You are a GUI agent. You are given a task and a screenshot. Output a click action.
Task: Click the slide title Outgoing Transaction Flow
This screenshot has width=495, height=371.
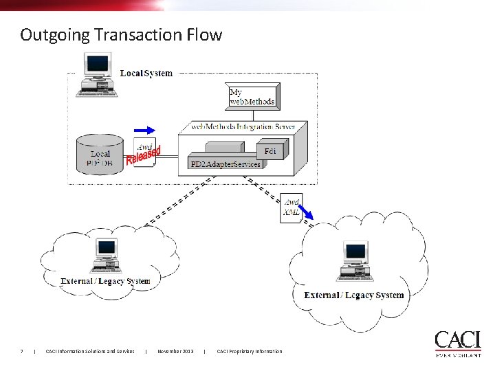click(121, 34)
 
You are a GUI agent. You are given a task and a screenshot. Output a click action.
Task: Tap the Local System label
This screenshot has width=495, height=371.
click(146, 73)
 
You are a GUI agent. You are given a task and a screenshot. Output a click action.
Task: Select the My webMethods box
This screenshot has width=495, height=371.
click(252, 96)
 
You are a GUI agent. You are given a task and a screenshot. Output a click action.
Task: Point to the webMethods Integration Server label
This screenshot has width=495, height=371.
click(243, 127)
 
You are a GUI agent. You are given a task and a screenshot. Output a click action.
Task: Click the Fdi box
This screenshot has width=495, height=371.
click(270, 150)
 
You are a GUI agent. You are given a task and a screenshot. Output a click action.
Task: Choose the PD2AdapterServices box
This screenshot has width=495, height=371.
click(225, 164)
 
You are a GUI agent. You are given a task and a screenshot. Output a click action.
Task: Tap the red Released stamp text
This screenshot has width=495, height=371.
click(144, 156)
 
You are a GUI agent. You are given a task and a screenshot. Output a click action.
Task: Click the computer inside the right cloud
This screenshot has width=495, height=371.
click(354, 262)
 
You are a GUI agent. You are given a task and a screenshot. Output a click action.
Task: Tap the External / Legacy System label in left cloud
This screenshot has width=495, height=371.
click(105, 281)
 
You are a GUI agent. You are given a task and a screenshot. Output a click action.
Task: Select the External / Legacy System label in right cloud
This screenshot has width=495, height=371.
click(354, 295)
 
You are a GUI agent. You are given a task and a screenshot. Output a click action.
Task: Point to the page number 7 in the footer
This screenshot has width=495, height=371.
click(22, 352)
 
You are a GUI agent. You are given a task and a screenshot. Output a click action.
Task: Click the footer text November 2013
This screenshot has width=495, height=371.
click(175, 352)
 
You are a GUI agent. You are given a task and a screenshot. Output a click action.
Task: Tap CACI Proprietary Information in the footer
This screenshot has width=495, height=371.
click(249, 352)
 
